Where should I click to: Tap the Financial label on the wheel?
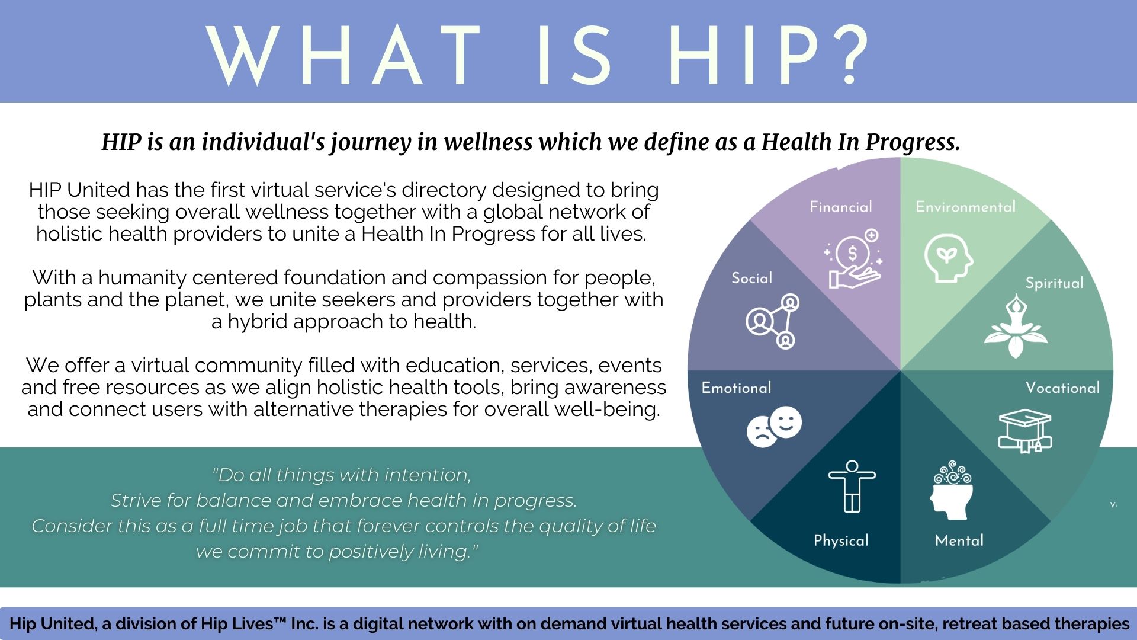click(841, 207)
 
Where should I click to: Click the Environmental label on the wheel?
click(965, 207)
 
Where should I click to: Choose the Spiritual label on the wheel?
click(1054, 283)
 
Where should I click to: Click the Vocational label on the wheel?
click(1062, 388)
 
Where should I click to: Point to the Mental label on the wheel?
click(959, 540)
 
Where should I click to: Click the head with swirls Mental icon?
click(952, 491)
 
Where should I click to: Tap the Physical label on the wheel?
click(841, 540)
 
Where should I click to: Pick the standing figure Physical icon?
click(852, 486)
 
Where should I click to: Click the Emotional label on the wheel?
click(736, 388)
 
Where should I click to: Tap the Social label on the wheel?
click(752, 278)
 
